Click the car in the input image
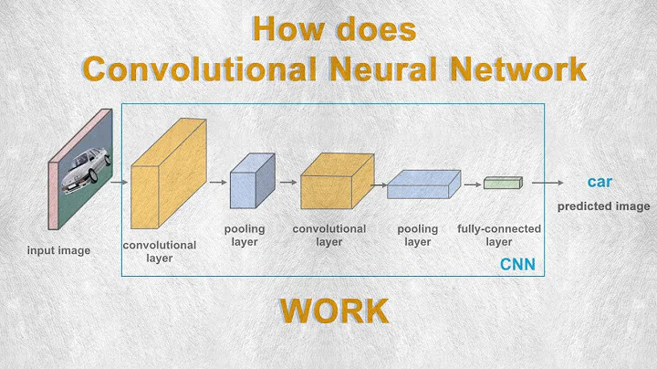click(x=85, y=171)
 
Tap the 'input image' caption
click(x=57, y=250)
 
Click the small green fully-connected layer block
click(x=501, y=183)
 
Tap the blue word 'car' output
click(x=600, y=183)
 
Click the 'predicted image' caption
click(x=603, y=206)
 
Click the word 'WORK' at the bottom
click(x=333, y=311)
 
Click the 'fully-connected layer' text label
click(x=498, y=235)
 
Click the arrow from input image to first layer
click(x=119, y=182)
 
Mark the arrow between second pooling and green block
click(x=472, y=183)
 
